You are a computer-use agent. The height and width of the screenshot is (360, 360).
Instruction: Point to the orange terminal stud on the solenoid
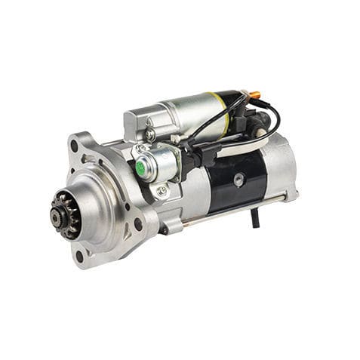click(x=255, y=96)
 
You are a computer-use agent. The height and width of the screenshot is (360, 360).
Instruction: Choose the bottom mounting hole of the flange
click(x=79, y=256)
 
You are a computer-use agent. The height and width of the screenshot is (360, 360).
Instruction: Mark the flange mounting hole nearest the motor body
click(x=137, y=223)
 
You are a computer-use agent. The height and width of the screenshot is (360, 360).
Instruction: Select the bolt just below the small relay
click(x=162, y=191)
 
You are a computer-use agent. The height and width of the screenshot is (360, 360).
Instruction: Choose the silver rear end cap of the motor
click(x=281, y=171)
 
